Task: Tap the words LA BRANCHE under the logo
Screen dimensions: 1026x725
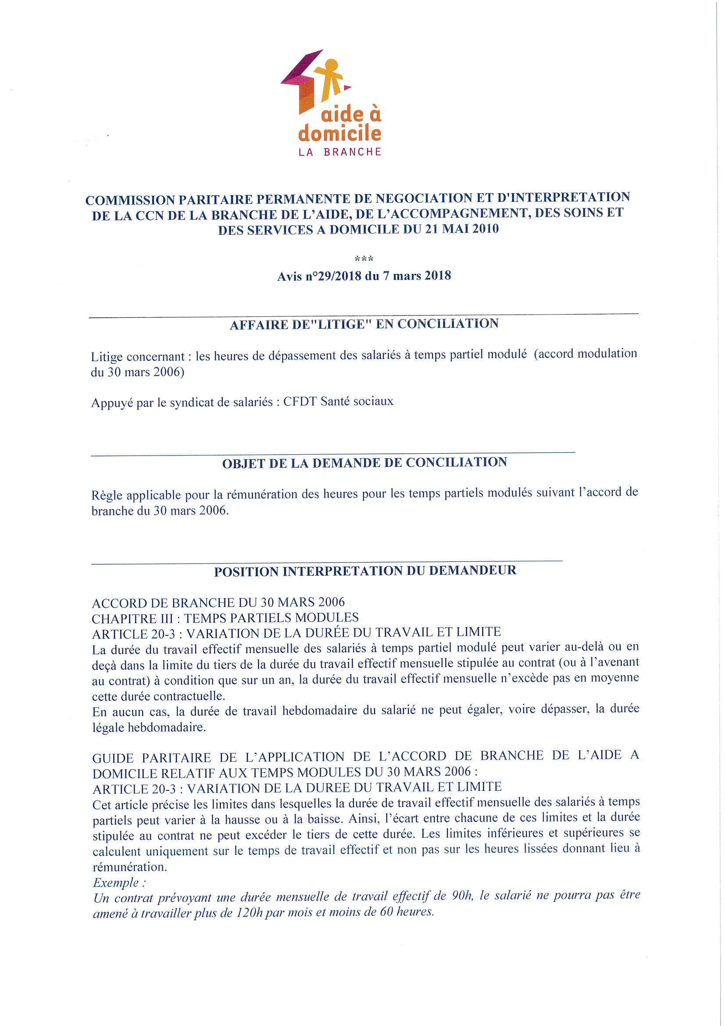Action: coord(339,152)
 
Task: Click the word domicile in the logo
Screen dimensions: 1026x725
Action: coord(339,133)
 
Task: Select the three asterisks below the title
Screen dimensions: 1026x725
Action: coord(364,259)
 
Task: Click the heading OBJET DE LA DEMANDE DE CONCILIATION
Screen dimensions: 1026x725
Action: coord(364,463)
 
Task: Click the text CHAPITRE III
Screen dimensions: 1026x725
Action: coord(133,618)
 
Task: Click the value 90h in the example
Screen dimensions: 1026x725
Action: coord(462,895)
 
